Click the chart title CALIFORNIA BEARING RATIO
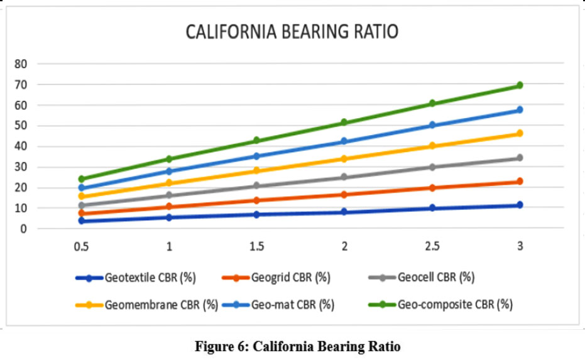292,32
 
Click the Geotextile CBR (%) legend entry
143,277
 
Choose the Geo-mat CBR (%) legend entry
292,305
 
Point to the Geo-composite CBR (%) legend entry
455,305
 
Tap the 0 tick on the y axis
23,229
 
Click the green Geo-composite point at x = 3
520,85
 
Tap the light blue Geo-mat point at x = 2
344,141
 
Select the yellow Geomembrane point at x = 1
168,183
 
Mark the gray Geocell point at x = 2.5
432,167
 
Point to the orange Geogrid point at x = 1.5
256,200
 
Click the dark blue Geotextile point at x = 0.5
81,221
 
